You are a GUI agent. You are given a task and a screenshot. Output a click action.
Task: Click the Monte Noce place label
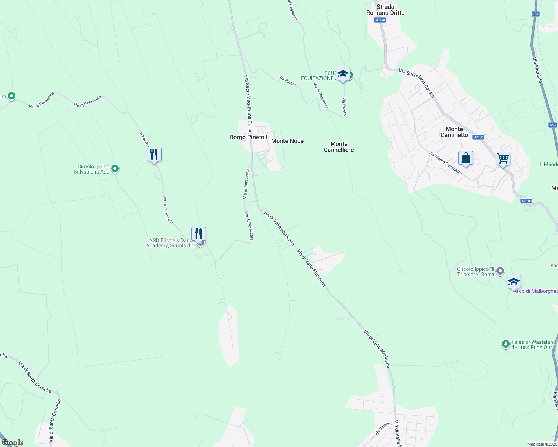(287, 141)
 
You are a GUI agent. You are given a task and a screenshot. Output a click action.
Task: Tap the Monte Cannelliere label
(339, 147)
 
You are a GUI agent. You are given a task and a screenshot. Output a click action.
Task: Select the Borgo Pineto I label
(248, 137)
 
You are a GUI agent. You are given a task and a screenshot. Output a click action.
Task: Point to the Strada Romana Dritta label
(385, 10)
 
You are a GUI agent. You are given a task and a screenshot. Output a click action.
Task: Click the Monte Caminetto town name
(454, 132)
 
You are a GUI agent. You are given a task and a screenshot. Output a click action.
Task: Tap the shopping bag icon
(465, 158)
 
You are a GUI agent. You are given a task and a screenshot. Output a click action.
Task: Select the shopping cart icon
(503, 159)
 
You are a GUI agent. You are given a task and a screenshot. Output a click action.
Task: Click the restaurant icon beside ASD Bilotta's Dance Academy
(198, 234)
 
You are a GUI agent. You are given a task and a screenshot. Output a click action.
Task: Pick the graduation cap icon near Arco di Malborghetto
(514, 282)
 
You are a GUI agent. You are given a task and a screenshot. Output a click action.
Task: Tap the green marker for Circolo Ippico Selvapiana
(115, 169)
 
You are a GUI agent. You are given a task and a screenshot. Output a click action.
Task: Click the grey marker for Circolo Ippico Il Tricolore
(500, 271)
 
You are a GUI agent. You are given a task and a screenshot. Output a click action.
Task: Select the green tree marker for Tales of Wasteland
(505, 344)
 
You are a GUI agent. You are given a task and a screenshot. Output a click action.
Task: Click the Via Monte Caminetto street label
(445, 163)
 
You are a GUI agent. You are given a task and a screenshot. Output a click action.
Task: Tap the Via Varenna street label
(384, 428)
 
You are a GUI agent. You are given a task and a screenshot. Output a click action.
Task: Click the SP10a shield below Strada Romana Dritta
(380, 20)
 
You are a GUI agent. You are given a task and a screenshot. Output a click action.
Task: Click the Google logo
(13, 443)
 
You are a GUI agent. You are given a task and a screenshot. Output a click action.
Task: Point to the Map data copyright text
(542, 444)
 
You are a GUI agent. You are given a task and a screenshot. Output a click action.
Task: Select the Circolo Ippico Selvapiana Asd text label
(92, 169)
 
